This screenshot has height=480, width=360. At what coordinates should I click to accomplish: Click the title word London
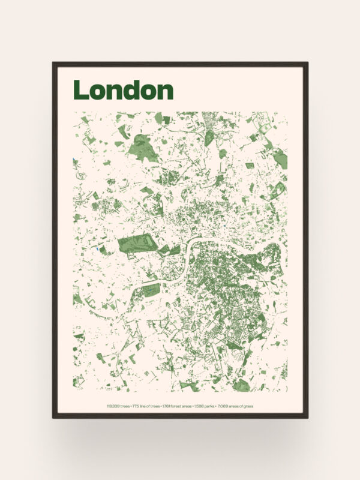tap(123, 90)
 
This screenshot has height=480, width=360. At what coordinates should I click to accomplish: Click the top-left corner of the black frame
tap(53, 63)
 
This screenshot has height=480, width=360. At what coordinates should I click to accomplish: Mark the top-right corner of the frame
tap(307, 63)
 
